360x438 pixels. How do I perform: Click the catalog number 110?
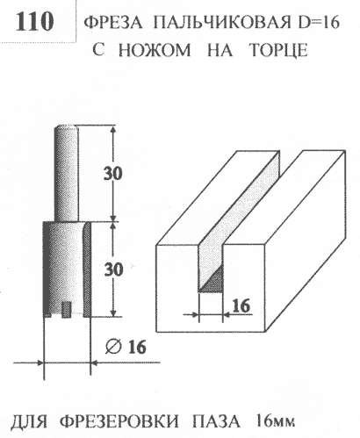tap(34, 21)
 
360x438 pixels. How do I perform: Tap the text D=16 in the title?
tap(315, 22)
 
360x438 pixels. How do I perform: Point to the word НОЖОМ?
tap(155, 50)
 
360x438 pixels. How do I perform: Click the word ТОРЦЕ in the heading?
tap(279, 50)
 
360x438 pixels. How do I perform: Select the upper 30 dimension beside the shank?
tap(112, 174)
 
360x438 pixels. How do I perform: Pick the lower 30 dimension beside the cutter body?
tap(113, 269)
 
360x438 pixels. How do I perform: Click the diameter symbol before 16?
tap(113, 348)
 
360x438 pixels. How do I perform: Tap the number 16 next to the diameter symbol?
tap(137, 348)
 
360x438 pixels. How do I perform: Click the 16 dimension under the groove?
tap(241, 305)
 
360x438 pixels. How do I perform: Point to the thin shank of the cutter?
tap(67, 173)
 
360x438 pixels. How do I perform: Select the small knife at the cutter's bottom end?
tap(67, 310)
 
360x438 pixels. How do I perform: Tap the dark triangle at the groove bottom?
tap(213, 282)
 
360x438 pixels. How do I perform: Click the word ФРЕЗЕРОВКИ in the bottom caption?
tap(120, 421)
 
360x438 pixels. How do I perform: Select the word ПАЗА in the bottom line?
tap(216, 422)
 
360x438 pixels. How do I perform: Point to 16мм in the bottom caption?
tap(275, 422)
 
